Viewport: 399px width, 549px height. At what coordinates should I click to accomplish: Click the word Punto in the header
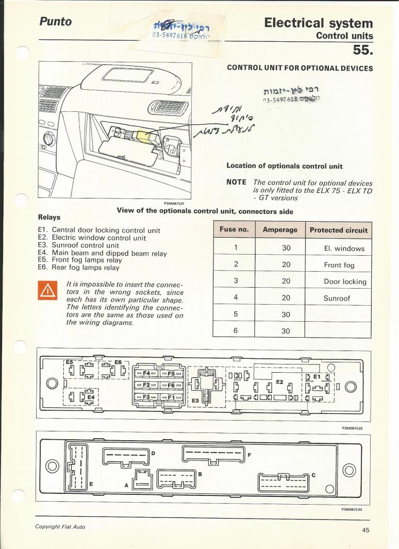(55, 22)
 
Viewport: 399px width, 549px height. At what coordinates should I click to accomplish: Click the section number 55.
(362, 49)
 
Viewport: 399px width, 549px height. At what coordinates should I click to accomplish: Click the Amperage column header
(280, 230)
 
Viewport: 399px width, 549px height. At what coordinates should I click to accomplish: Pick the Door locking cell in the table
(345, 281)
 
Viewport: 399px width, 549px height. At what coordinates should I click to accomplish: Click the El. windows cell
(344, 248)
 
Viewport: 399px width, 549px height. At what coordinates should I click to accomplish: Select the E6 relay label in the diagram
(118, 362)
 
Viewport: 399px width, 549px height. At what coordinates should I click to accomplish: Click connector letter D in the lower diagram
(153, 453)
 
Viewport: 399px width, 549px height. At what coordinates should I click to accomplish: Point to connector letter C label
(313, 475)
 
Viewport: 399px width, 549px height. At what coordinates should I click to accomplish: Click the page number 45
(365, 532)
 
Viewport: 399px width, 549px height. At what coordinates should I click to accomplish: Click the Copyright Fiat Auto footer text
(60, 526)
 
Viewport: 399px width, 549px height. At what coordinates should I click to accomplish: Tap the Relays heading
(49, 217)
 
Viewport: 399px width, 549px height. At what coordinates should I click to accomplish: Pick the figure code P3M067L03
(352, 508)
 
